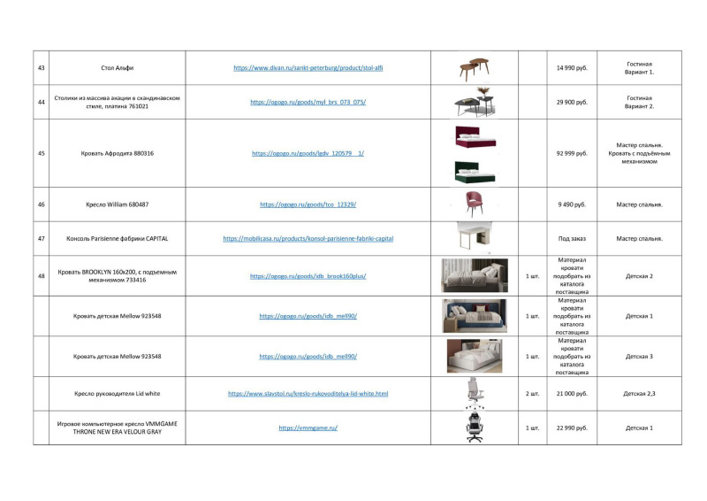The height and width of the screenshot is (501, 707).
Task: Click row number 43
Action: pos(42,68)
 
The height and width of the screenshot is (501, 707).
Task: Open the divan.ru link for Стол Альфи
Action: pos(308,68)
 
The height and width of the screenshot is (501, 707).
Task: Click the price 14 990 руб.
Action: pos(572,68)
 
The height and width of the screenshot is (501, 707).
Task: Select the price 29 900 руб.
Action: pos(572,102)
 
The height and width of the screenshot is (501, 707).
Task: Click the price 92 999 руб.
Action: pos(572,153)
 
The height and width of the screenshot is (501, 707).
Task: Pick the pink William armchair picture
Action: pos(475,204)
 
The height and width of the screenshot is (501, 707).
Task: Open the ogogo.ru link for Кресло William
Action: pos(308,204)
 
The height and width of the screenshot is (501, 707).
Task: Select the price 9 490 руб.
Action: pos(572,204)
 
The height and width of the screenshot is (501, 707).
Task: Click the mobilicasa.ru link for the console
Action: pos(308,238)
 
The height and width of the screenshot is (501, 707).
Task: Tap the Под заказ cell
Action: pos(572,238)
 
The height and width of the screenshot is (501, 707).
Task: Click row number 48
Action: pos(42,276)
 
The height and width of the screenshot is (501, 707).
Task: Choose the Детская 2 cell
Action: pos(639,276)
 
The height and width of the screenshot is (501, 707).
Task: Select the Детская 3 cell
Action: pos(639,356)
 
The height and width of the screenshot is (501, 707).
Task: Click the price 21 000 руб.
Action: pos(572,393)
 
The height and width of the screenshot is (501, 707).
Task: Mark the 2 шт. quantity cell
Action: pos(532,393)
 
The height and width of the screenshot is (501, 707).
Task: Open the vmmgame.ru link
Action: pos(308,428)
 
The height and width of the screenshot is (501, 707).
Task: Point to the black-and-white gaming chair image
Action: pos(475,427)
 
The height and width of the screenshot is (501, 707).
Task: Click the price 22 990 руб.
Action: pos(572,428)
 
